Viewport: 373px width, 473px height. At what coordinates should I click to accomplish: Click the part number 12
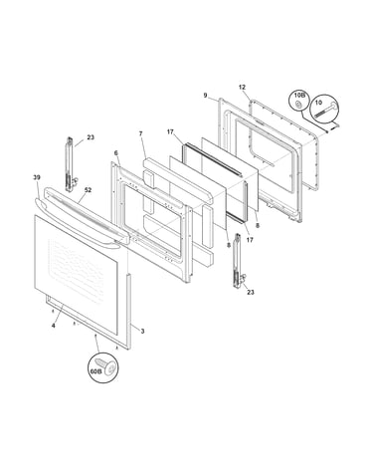point(242,88)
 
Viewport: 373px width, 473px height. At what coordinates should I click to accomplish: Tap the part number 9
point(206,96)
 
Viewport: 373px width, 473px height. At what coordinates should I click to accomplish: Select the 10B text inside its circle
point(298,96)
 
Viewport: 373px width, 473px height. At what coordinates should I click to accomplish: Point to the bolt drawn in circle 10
point(326,110)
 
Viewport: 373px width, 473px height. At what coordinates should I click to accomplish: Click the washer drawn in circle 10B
point(298,105)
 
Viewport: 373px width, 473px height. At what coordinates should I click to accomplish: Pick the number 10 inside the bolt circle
point(318,103)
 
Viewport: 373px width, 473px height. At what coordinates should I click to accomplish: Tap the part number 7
point(140,133)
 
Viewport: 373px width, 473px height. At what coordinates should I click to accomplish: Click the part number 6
point(115,152)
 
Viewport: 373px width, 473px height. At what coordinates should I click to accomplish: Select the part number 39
point(37,177)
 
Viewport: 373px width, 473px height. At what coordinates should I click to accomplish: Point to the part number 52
point(88,190)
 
